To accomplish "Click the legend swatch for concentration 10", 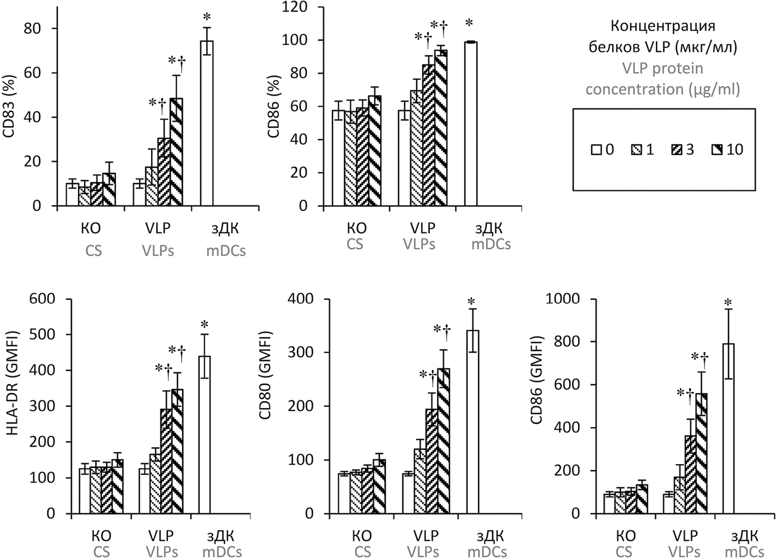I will pyautogui.click(x=717, y=150).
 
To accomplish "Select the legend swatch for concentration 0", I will pyautogui.click(x=596, y=150).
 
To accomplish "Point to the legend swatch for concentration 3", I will pyautogui.click(x=676, y=150).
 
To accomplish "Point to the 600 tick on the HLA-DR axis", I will pyautogui.click(x=42, y=299).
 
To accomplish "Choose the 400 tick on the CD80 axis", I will pyautogui.click(x=303, y=299).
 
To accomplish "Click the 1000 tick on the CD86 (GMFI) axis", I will pyautogui.click(x=563, y=299).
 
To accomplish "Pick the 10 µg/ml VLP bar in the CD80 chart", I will pyautogui.click(x=443, y=441).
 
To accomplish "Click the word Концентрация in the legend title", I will pyautogui.click(x=663, y=26).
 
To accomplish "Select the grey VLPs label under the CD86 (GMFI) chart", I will pyautogui.click(x=685, y=552).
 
